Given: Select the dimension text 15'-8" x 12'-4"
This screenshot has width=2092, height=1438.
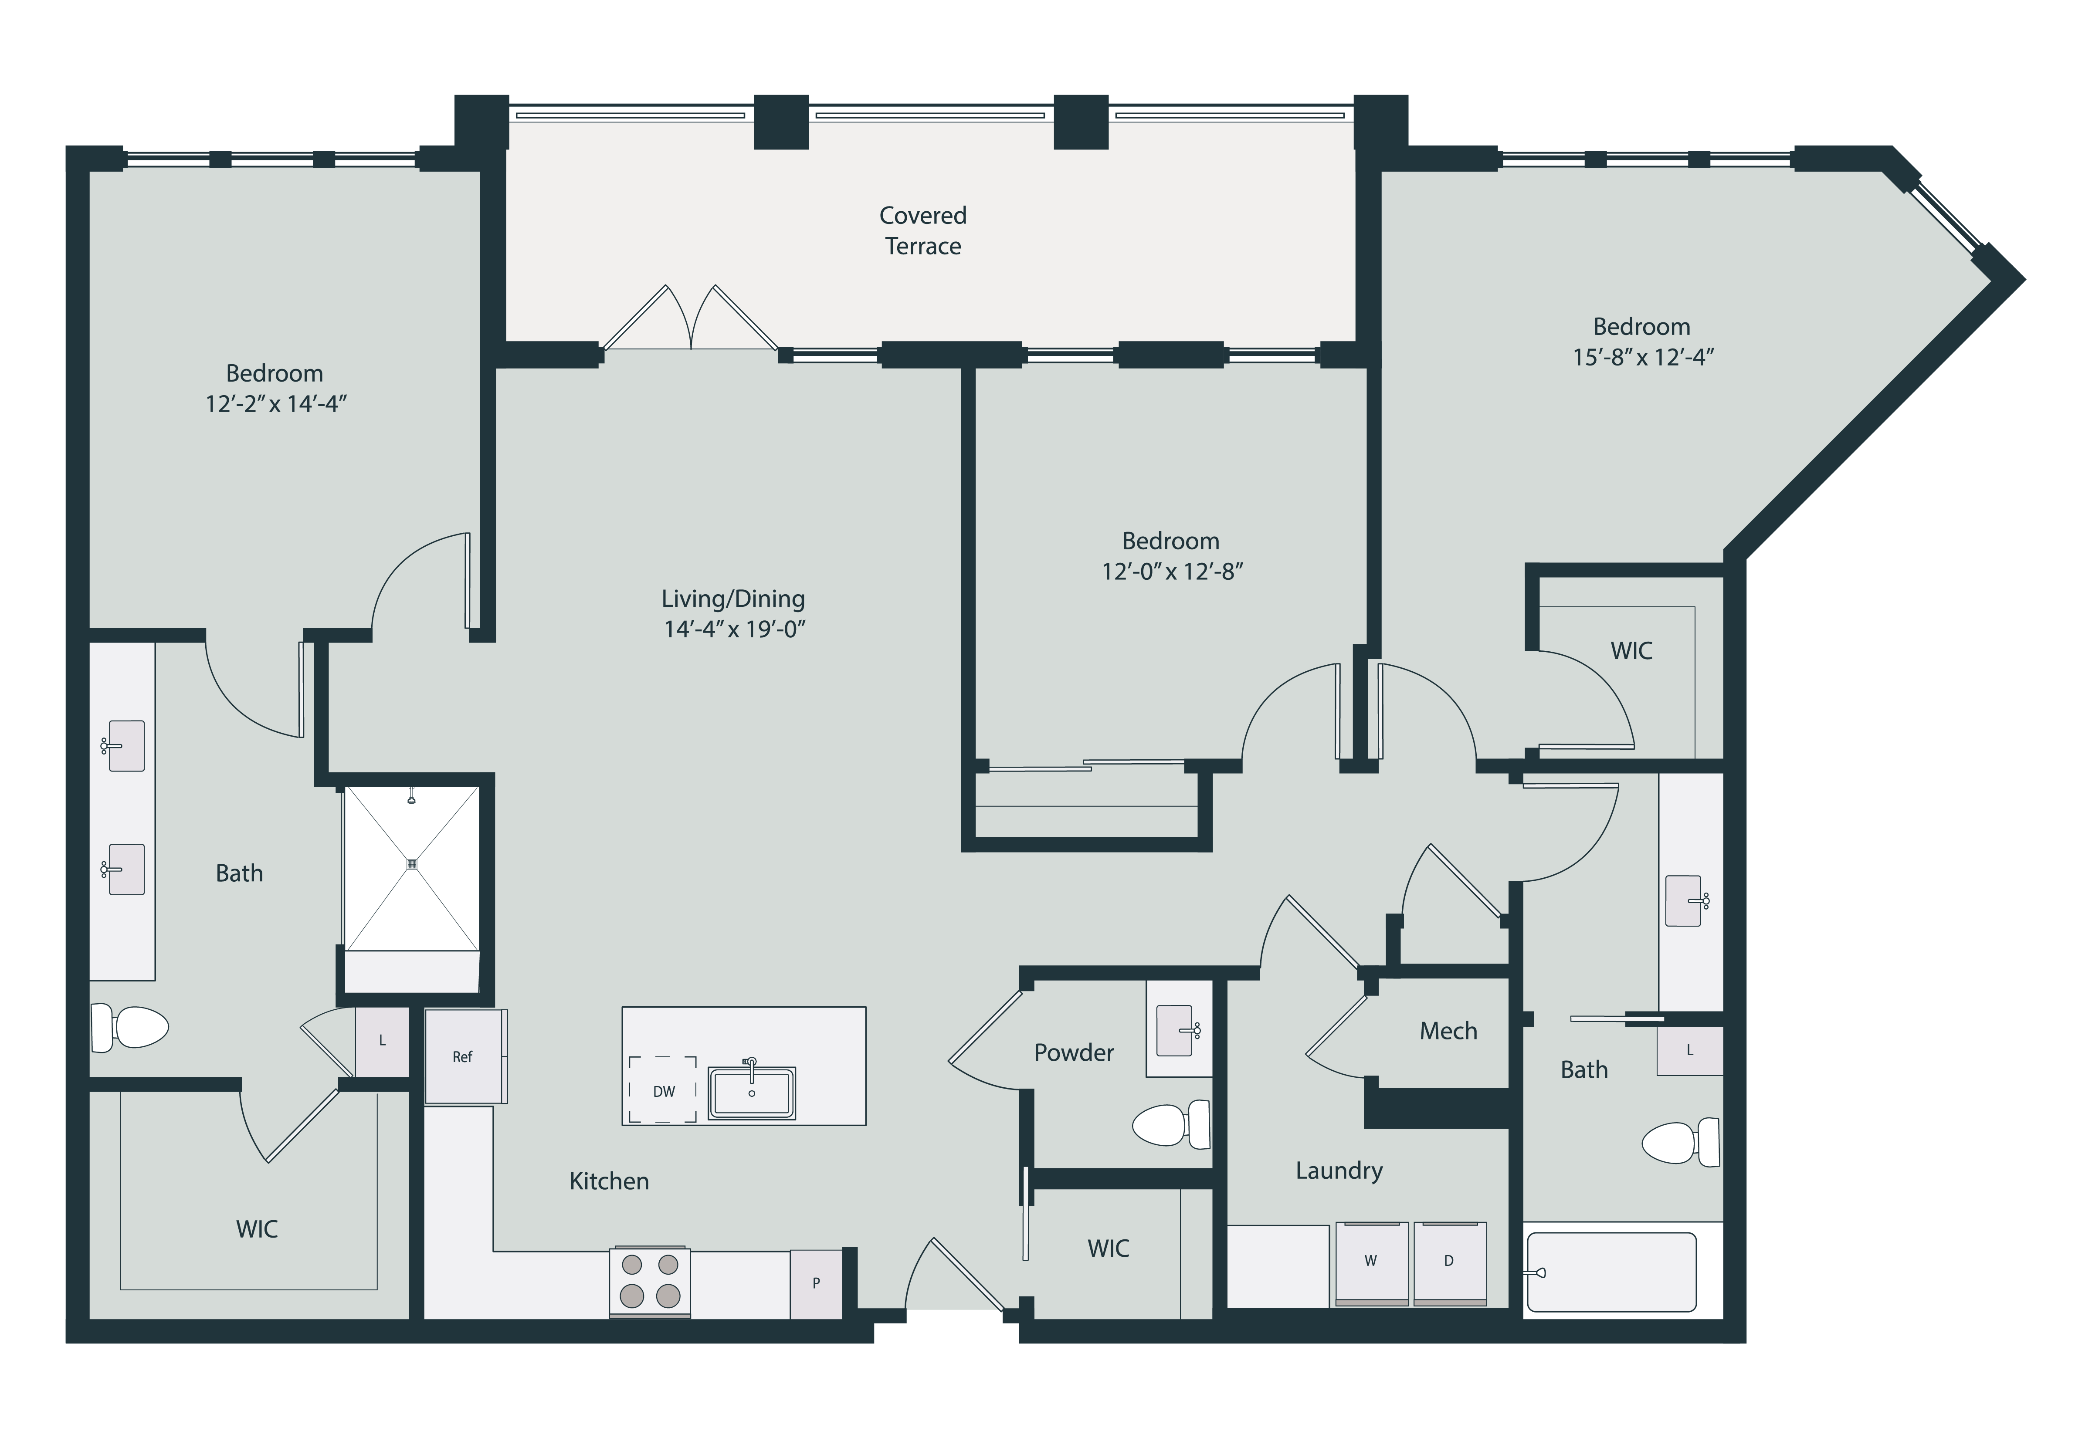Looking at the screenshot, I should (1642, 358).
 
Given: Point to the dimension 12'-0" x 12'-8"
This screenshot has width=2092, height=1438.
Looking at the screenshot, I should (1172, 571).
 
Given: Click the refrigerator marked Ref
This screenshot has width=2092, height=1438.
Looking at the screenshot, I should (463, 1057).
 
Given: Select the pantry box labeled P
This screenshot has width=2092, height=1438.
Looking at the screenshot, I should (816, 1283).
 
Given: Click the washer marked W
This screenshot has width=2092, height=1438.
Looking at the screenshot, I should (1371, 1262).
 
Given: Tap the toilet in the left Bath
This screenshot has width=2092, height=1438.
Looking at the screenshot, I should (132, 1027).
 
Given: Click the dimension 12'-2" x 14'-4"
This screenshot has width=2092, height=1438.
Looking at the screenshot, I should (276, 405).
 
